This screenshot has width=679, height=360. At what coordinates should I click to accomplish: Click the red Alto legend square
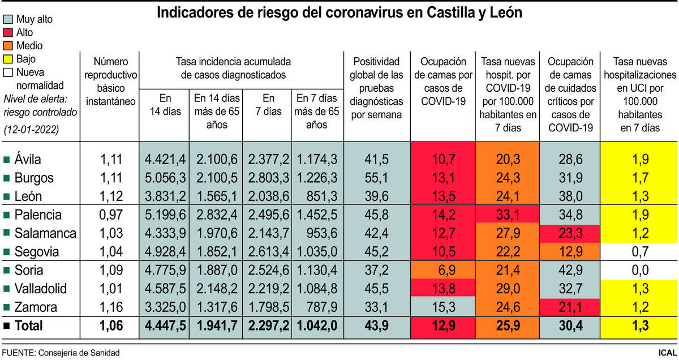coord(8,33)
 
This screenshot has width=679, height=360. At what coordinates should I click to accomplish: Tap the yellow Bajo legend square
coord(8,59)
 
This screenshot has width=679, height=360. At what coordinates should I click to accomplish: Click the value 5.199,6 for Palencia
coord(164,216)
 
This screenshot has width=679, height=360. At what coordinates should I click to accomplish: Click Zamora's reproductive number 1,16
coord(110,307)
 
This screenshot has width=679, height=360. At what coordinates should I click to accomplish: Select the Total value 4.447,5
coord(164,326)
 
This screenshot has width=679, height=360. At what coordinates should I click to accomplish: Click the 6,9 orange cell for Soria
coord(443,271)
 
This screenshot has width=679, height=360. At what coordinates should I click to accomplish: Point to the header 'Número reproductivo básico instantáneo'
coord(110,81)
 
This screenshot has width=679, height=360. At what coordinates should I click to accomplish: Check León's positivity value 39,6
coord(376,197)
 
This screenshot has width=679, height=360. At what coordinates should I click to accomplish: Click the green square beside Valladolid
coord(6,289)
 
